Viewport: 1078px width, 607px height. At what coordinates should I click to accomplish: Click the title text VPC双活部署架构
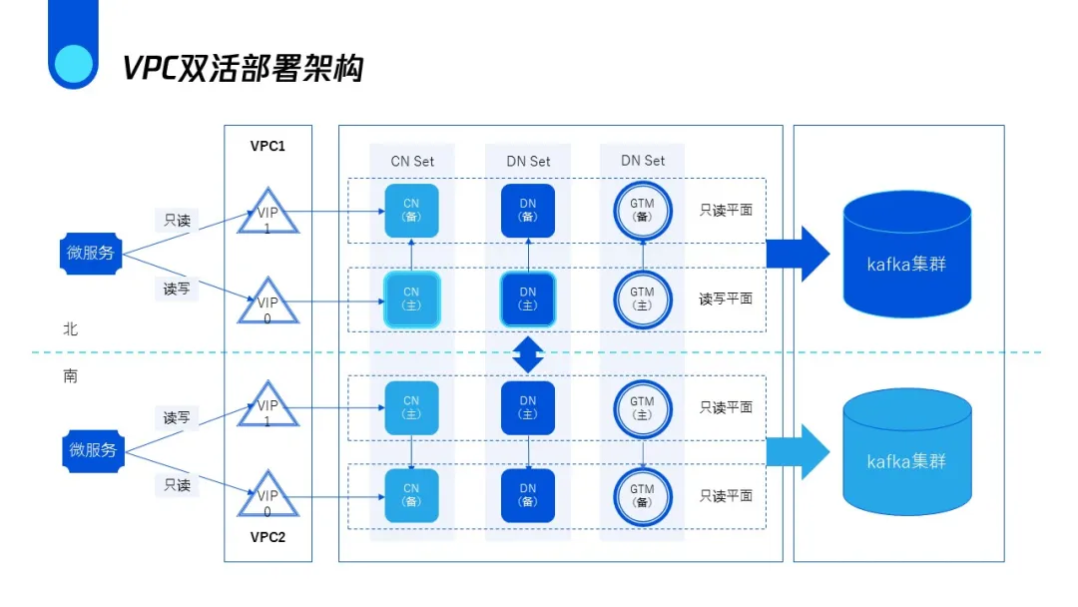pyautogui.click(x=243, y=68)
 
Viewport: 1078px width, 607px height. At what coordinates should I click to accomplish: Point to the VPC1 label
pyautogui.click(x=268, y=146)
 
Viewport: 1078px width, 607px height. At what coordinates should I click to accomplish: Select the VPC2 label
pyautogui.click(x=268, y=537)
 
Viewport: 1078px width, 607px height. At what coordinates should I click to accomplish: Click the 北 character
pyautogui.click(x=70, y=328)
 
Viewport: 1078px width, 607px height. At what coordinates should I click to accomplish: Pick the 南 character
pyautogui.click(x=70, y=376)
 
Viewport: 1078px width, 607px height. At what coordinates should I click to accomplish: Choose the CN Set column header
pyautogui.click(x=412, y=161)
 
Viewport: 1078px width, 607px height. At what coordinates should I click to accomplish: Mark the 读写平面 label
pyautogui.click(x=726, y=299)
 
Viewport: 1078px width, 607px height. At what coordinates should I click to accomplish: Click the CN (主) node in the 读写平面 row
pyautogui.click(x=411, y=299)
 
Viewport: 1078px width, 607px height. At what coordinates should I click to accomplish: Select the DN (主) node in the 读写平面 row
pyautogui.click(x=528, y=299)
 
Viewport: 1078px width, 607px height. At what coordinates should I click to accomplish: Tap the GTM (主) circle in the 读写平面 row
pyautogui.click(x=642, y=299)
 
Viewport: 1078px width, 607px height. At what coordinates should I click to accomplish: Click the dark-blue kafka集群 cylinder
pyautogui.click(x=906, y=254)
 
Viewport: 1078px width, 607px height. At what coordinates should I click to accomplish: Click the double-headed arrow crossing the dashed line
pyautogui.click(x=528, y=354)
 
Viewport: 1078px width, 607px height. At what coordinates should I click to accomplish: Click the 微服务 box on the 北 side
pyautogui.click(x=91, y=253)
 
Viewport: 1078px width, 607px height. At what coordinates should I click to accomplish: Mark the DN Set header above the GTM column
pyautogui.click(x=643, y=161)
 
